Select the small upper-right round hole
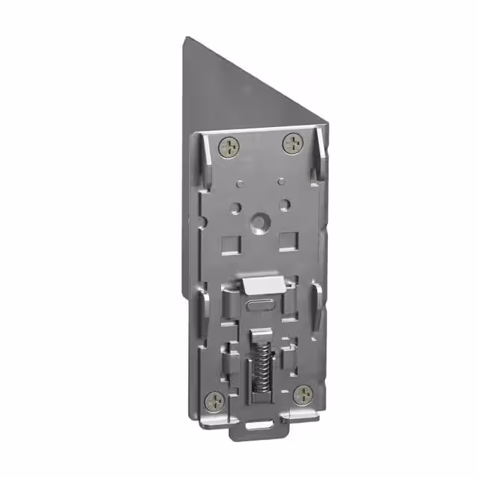point(282,181)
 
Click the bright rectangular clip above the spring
point(264,284)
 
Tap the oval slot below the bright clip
point(261,305)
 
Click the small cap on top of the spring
point(258,335)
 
